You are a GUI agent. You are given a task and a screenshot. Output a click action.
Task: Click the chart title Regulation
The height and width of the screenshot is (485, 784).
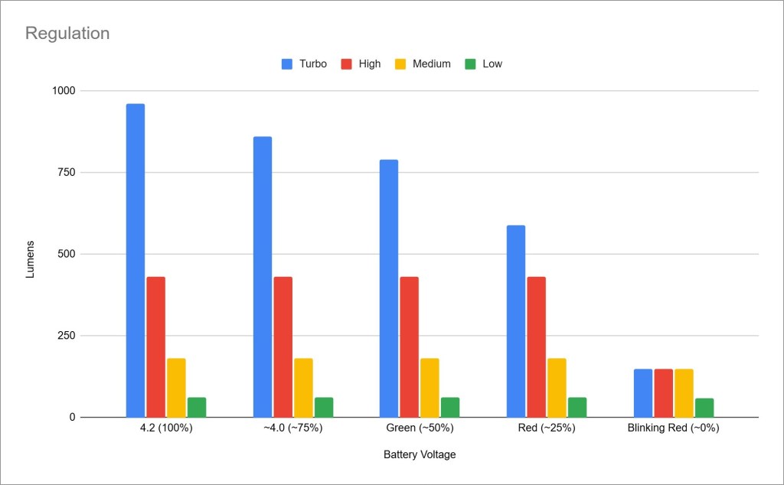pos(67,34)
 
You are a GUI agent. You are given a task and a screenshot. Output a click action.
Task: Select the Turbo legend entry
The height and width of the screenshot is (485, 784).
pos(304,64)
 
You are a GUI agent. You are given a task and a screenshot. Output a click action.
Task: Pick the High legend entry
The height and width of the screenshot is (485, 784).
pos(361,64)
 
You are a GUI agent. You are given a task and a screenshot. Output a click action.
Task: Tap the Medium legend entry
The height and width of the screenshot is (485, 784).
pos(423,64)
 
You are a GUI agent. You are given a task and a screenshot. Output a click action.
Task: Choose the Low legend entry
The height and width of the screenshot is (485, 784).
pos(484,64)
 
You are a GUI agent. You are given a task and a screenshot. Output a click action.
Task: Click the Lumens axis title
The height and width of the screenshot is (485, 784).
pos(31,259)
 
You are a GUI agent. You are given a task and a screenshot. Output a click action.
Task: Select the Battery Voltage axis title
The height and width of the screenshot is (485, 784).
pos(420,455)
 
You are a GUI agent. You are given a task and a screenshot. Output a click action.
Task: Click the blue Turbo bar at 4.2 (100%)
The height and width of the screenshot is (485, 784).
pos(136,260)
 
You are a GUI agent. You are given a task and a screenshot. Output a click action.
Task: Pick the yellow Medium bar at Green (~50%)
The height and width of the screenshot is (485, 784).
pos(430,388)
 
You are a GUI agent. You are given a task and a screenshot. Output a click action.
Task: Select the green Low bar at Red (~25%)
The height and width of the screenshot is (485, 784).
pos(577,408)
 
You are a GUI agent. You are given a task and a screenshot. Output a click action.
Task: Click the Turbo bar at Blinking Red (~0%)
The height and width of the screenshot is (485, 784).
pos(643,393)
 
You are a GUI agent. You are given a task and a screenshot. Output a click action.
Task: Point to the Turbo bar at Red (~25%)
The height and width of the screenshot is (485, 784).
pos(516,321)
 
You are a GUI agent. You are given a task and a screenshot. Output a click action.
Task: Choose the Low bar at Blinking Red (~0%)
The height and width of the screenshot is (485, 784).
pos(704,408)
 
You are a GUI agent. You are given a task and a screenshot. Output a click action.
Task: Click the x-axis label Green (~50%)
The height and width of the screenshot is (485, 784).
pos(420,428)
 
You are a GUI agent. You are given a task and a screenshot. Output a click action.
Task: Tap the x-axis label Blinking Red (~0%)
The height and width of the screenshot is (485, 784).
pos(674,428)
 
